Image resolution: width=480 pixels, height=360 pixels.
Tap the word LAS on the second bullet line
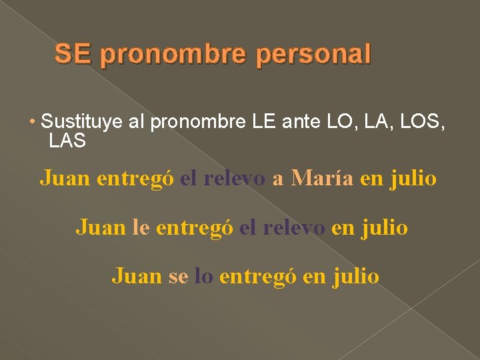67,141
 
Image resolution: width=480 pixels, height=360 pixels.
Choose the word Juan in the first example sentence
66,178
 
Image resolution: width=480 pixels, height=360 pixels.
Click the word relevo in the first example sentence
235,178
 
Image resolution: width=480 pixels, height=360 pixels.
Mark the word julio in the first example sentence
414,178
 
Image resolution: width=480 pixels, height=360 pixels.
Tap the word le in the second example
141,227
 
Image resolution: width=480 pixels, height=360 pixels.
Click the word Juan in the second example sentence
101,227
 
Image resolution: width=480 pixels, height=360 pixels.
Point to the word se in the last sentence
178,276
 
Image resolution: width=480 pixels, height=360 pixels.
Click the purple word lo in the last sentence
203,276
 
